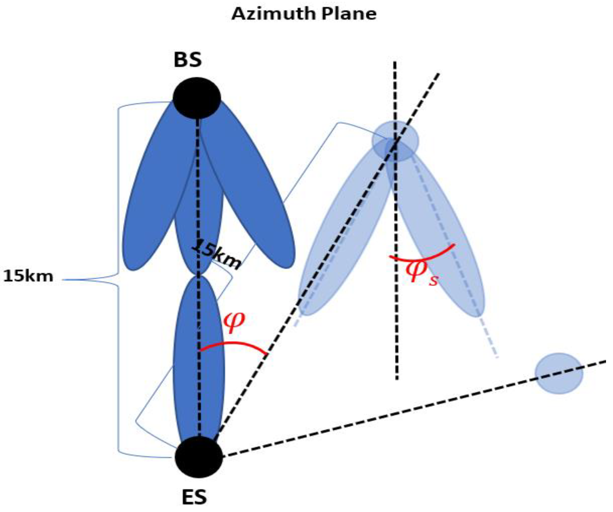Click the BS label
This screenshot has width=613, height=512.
pyautogui.click(x=188, y=60)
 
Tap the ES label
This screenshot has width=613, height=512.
pyautogui.click(x=194, y=497)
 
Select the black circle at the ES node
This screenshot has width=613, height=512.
pyautogui.click(x=199, y=457)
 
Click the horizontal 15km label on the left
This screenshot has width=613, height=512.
pyautogui.click(x=28, y=276)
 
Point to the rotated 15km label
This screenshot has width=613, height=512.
pyautogui.click(x=217, y=255)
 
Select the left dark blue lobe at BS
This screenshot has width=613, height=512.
pyautogui.click(x=152, y=198)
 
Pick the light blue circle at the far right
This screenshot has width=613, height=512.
pyautogui.click(x=559, y=373)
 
